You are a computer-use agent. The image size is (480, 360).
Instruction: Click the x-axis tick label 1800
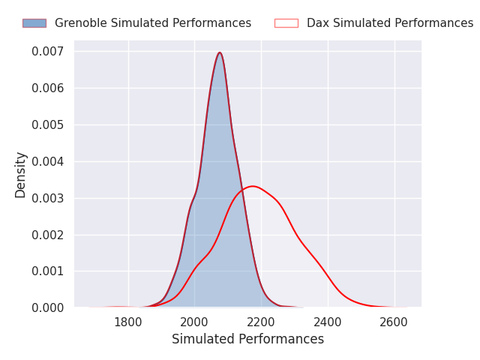click(128, 322)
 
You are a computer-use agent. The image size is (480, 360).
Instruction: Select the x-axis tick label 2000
click(194, 322)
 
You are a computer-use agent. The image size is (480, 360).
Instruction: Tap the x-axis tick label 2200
click(261, 322)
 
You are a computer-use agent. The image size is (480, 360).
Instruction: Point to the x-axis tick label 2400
click(328, 322)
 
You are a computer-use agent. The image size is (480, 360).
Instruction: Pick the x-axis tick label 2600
click(394, 322)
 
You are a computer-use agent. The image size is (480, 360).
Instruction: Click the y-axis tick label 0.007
click(48, 52)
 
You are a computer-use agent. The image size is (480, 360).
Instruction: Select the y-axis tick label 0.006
click(48, 88)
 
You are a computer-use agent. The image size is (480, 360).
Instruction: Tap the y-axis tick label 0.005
click(48, 125)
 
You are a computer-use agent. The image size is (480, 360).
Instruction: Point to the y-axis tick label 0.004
click(48, 161)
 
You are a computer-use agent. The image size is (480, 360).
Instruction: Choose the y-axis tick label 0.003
click(48, 198)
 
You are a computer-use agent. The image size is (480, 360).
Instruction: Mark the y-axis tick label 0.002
click(48, 235)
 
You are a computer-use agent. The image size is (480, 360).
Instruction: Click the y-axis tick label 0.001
click(48, 271)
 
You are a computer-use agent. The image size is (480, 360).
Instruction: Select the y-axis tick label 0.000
click(48, 307)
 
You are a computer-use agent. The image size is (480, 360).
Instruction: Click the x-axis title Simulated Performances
click(247, 340)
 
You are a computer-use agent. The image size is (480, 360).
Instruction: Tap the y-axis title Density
click(21, 175)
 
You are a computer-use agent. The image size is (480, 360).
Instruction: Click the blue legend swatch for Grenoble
click(34, 23)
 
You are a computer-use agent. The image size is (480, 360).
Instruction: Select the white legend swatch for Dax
click(286, 23)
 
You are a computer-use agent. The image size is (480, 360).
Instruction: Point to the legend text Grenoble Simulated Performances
click(153, 23)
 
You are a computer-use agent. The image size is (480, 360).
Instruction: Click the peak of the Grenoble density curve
click(219, 52)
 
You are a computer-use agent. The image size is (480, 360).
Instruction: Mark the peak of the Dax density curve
click(253, 186)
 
